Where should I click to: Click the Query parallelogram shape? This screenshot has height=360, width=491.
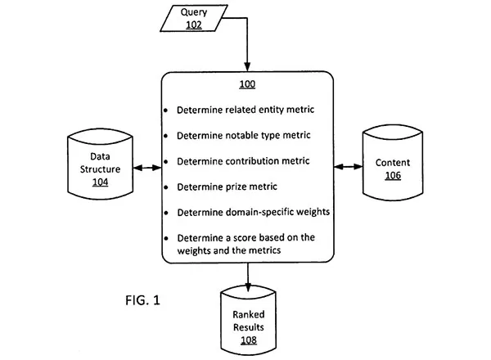click(194, 18)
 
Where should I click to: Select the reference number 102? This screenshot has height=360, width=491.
click(194, 25)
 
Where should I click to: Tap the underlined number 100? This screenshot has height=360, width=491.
click(247, 84)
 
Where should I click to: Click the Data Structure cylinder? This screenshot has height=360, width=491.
click(100, 164)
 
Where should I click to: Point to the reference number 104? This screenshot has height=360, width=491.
click(100, 182)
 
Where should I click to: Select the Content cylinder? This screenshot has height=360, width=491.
click(393, 163)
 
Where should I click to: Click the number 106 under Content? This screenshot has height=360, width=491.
click(393, 175)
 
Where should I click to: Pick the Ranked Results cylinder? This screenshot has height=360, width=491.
click(248, 320)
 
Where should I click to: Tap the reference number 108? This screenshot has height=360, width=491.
click(249, 340)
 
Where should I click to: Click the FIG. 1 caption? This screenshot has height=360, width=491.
click(142, 300)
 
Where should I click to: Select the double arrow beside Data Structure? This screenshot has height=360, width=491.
click(147, 168)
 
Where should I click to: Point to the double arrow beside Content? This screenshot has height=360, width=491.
click(349, 167)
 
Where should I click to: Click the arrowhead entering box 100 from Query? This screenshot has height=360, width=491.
click(247, 66)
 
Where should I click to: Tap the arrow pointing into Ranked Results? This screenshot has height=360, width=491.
click(248, 277)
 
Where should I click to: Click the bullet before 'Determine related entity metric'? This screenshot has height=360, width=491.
click(165, 110)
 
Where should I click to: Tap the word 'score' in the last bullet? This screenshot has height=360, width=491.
click(245, 238)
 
